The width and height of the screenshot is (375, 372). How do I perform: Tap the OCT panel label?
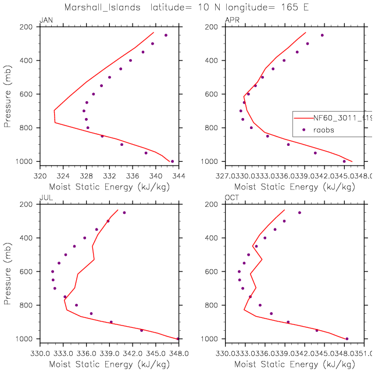pyautogui.click(x=231, y=198)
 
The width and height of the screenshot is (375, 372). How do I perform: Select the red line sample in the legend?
pyautogui.click(x=303, y=118)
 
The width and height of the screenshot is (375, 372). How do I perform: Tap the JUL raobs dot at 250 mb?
pyautogui.click(x=124, y=213)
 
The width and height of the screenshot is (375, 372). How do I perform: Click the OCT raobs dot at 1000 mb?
pyautogui.click(x=347, y=339)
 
